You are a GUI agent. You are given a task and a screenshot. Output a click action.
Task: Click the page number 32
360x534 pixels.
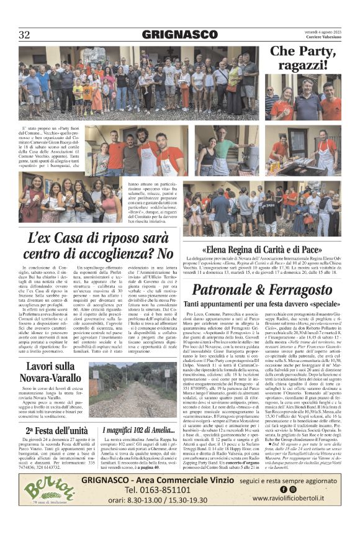[x=24, y=35]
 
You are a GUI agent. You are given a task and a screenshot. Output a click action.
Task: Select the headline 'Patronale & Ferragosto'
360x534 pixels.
[x=266, y=289]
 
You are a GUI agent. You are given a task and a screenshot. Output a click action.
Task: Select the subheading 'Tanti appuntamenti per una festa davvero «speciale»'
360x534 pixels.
[x=266, y=304]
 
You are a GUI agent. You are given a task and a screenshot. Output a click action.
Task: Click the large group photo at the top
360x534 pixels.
[x=138, y=82]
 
